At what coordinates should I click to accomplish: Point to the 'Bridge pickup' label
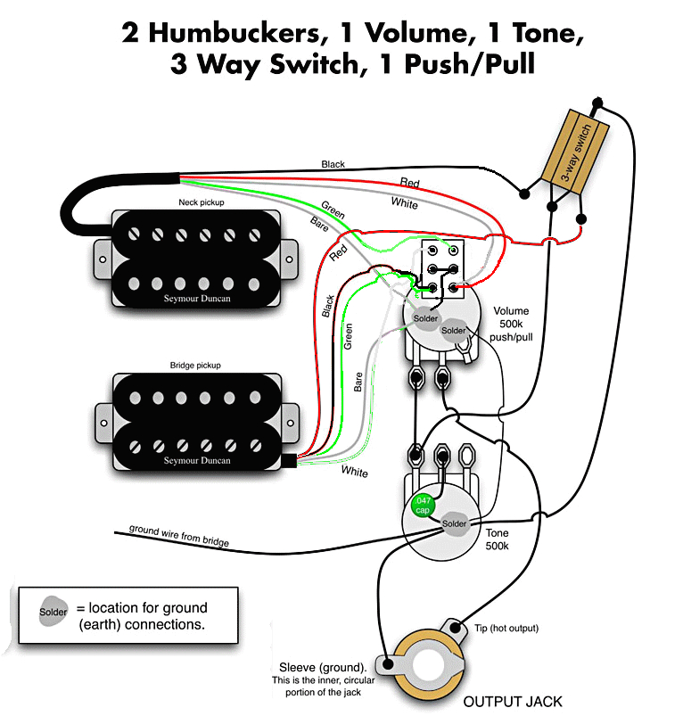[x=195, y=366]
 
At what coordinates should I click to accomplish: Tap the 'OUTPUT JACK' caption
[x=513, y=701]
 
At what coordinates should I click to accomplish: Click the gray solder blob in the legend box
[x=53, y=613]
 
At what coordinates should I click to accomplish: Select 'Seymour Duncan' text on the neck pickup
[x=196, y=299]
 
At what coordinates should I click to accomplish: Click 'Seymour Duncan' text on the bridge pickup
[x=196, y=461]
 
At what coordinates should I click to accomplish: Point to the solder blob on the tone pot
[x=454, y=523]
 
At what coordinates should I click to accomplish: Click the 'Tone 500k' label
[x=497, y=539]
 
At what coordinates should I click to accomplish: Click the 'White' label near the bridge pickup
[x=354, y=472]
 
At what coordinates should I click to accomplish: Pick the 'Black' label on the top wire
[x=333, y=165]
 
